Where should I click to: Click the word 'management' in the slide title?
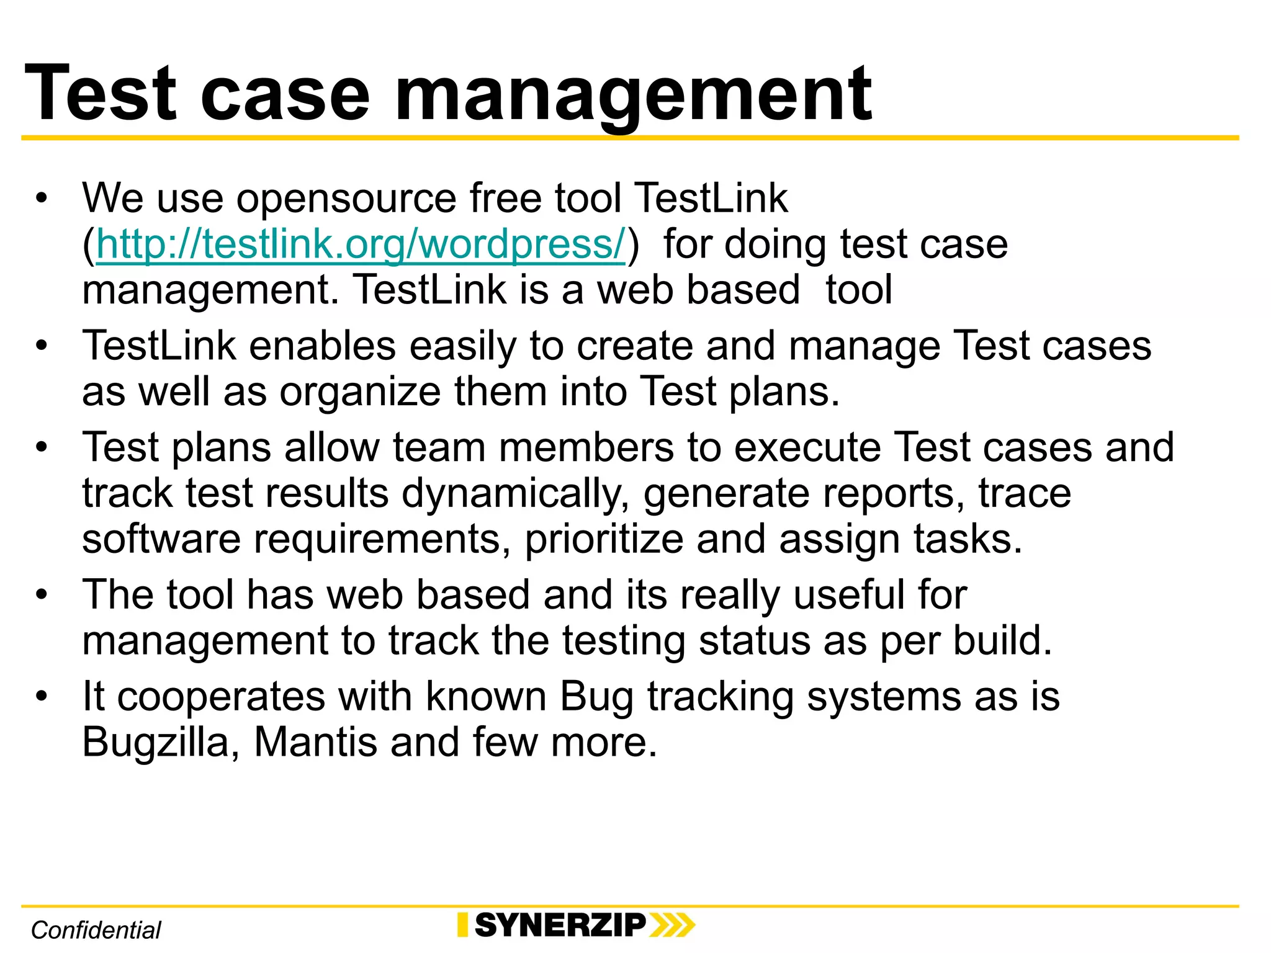click(633, 96)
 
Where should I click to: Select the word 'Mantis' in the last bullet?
click(315, 743)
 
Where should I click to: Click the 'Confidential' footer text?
click(96, 930)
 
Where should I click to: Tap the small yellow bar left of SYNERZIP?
click(462, 925)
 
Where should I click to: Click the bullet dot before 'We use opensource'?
click(42, 199)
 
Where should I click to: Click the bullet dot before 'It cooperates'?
click(42, 696)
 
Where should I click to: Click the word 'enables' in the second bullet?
click(322, 346)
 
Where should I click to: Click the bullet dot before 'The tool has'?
click(42, 594)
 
